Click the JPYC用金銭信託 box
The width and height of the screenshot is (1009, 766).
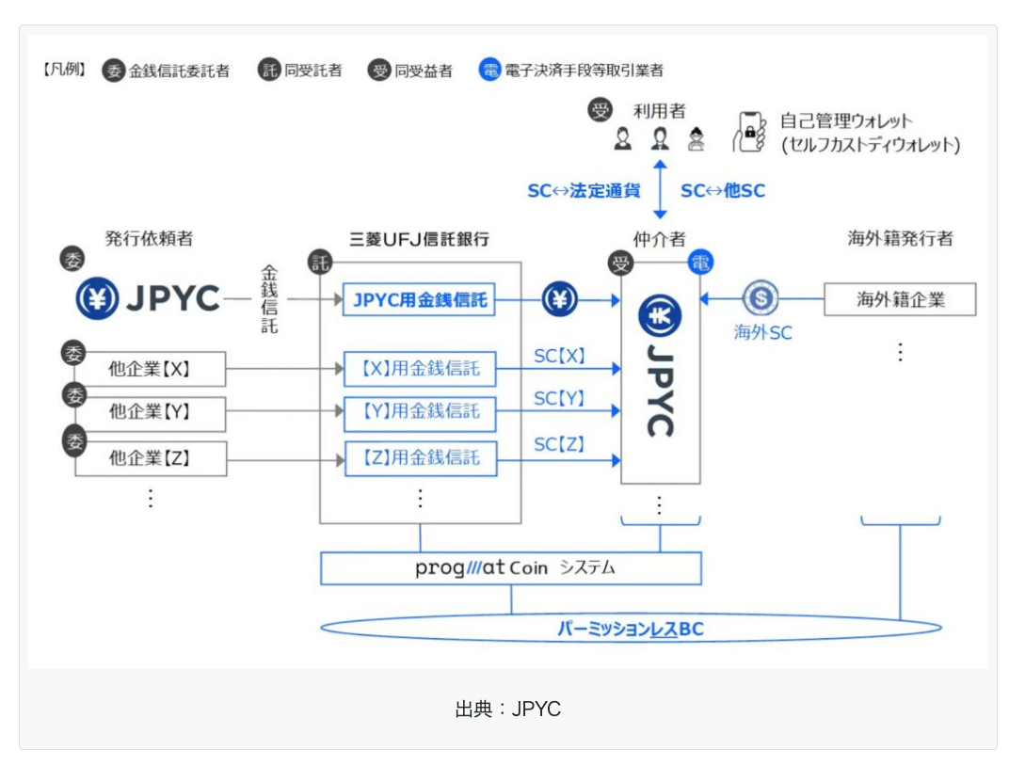click(419, 301)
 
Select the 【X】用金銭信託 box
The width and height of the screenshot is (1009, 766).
click(419, 369)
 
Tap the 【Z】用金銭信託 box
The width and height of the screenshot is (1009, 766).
click(419, 458)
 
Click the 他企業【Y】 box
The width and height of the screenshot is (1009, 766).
click(151, 413)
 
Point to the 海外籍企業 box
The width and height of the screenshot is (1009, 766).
click(900, 300)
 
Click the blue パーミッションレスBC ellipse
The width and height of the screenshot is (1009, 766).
click(630, 628)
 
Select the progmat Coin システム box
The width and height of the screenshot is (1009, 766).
click(511, 568)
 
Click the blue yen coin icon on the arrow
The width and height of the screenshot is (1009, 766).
click(559, 301)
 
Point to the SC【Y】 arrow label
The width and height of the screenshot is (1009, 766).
click(559, 399)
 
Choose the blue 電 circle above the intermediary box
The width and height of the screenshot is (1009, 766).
click(699, 262)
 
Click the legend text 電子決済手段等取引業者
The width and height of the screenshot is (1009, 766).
click(584, 71)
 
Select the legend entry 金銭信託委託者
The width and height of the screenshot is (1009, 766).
click(178, 71)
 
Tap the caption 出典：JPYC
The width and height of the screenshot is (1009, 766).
click(507, 710)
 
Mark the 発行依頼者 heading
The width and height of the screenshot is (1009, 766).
click(149, 239)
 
